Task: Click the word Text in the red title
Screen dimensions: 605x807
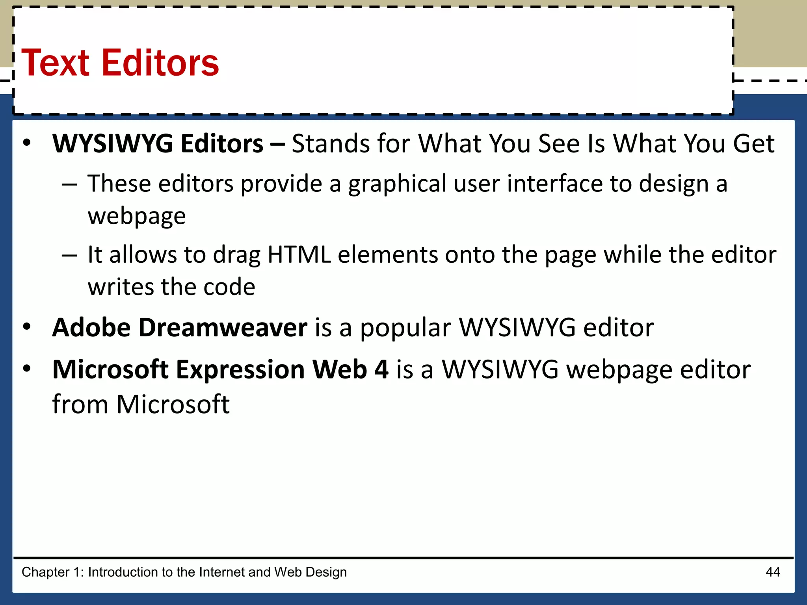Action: coord(56,63)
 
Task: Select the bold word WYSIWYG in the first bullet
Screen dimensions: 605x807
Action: coord(113,143)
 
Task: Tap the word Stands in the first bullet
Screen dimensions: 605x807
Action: coord(330,143)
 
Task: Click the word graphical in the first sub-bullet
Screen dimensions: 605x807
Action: coord(397,184)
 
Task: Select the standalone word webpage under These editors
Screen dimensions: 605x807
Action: coord(137,217)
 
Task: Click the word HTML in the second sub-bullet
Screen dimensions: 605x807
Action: coord(299,254)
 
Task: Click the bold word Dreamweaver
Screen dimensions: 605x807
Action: coord(223,328)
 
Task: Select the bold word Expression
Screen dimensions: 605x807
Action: coord(240,370)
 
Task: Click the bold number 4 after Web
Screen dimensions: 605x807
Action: coord(381,369)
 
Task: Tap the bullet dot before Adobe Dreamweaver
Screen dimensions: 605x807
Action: coord(26,327)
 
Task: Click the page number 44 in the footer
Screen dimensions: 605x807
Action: coord(772,572)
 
